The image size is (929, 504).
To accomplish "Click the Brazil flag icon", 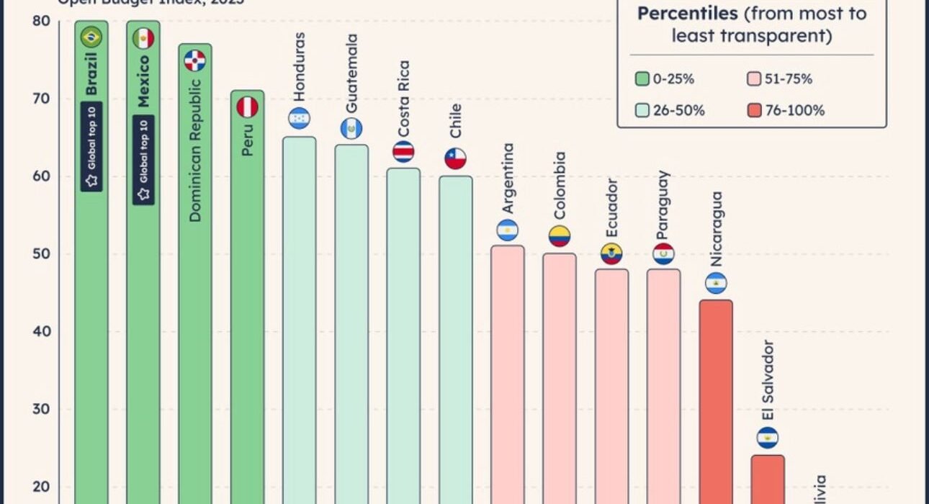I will point(91,37).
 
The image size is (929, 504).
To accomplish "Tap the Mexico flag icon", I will point(143,38).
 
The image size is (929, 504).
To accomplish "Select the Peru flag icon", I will point(247,107).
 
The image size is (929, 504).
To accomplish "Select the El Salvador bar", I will point(768,479).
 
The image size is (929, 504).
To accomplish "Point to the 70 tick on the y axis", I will point(42,99).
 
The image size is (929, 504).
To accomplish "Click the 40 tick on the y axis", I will point(42,331).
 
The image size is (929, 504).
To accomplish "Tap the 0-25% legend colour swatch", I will point(643,79).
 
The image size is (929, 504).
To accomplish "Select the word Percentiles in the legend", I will point(686,14).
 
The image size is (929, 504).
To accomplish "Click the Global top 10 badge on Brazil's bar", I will point(91,146).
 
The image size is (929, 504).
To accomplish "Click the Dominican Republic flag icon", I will point(195,60).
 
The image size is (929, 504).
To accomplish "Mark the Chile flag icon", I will point(455,158).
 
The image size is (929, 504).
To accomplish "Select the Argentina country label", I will point(508,178).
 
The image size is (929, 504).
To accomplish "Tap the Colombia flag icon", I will point(560,236).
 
